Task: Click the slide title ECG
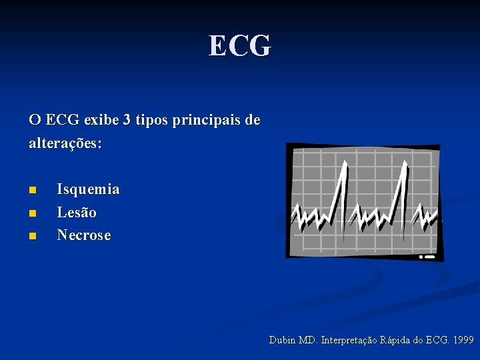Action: click(x=240, y=46)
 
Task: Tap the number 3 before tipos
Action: click(x=126, y=121)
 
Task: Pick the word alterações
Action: click(x=65, y=143)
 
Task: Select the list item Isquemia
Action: click(x=88, y=189)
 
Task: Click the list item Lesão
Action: click(x=77, y=213)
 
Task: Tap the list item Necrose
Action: click(x=84, y=235)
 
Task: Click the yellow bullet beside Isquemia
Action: click(x=32, y=191)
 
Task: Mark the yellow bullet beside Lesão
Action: click(x=32, y=213)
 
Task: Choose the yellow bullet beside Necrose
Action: click(x=32, y=236)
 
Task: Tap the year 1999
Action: click(x=463, y=341)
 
